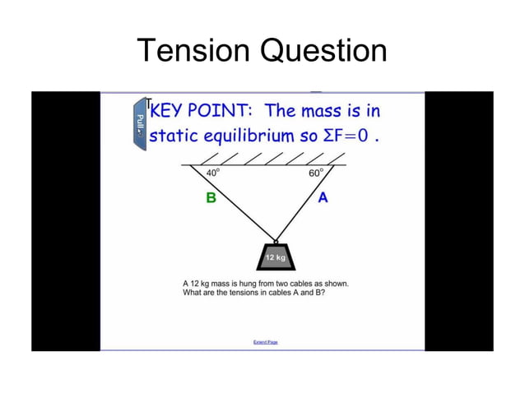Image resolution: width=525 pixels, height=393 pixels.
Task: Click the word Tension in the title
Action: pyautogui.click(x=193, y=51)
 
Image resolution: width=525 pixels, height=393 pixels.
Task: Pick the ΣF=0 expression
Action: pyautogui.click(x=348, y=135)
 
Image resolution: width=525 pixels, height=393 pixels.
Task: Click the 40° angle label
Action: pyautogui.click(x=213, y=173)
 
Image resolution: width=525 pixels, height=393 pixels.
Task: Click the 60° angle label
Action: pyautogui.click(x=315, y=173)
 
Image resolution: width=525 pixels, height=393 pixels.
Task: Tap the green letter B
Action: pyautogui.click(x=211, y=198)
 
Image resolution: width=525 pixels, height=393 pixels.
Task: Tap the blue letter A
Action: pyautogui.click(x=323, y=197)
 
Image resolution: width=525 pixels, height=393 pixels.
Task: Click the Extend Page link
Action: pyautogui.click(x=265, y=341)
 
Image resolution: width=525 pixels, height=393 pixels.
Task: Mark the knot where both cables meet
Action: pyautogui.click(x=276, y=241)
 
